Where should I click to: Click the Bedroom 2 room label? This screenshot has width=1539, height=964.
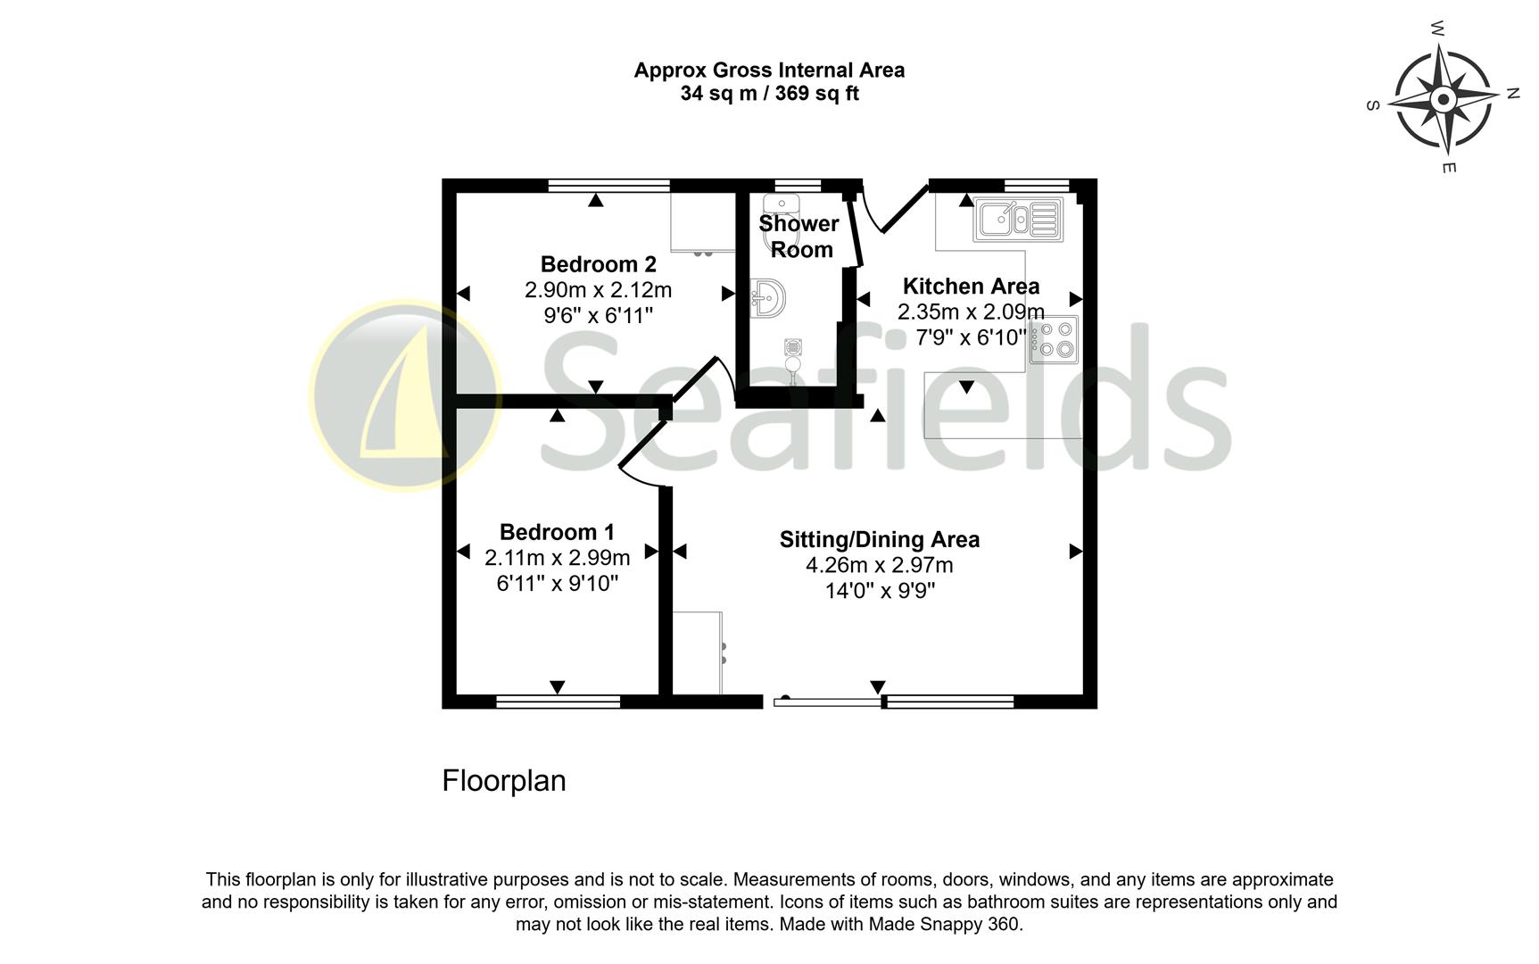(598, 264)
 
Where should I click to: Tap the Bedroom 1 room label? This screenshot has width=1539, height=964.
(557, 532)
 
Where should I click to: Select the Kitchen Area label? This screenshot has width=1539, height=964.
(971, 287)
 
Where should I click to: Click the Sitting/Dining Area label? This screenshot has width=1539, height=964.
(879, 539)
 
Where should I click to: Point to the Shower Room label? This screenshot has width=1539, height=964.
(799, 237)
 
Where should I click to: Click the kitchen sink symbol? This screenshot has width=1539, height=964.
(1018, 219)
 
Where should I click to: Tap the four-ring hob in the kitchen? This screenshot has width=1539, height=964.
(1055, 339)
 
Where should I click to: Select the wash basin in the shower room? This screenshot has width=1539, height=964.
(767, 297)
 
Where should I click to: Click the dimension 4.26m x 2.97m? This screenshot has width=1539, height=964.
(879, 565)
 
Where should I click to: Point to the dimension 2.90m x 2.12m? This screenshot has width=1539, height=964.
(598, 290)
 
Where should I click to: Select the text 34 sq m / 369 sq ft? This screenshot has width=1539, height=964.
(769, 94)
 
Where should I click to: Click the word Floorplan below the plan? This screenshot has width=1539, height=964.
(504, 781)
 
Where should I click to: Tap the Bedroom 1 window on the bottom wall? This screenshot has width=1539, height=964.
(558, 702)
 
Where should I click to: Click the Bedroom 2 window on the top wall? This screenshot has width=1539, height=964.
(608, 185)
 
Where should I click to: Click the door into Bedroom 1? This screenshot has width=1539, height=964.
(642, 455)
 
